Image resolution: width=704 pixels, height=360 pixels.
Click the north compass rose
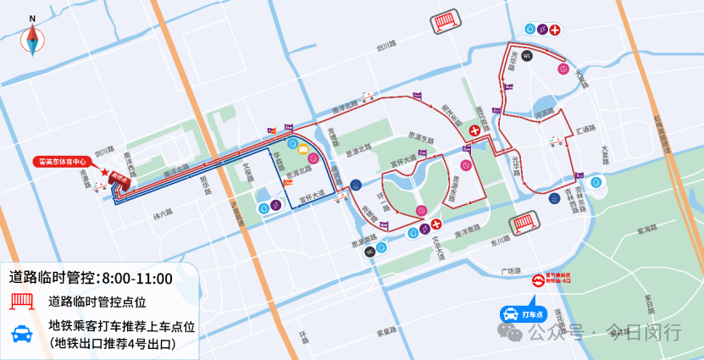click(33, 37)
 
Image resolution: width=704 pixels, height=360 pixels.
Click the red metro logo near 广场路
click(537, 280)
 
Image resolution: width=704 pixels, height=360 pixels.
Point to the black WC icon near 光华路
click(526, 56)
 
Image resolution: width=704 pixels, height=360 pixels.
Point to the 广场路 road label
click(509, 270)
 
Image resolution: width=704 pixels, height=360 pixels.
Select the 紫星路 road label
click(388, 330)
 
